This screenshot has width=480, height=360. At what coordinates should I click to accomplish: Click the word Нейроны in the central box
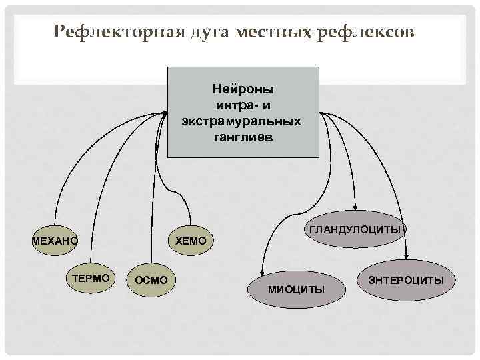click(243, 88)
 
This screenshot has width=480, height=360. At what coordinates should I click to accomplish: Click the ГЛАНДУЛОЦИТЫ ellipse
click(355, 229)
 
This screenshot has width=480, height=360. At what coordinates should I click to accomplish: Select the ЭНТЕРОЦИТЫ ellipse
click(405, 279)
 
